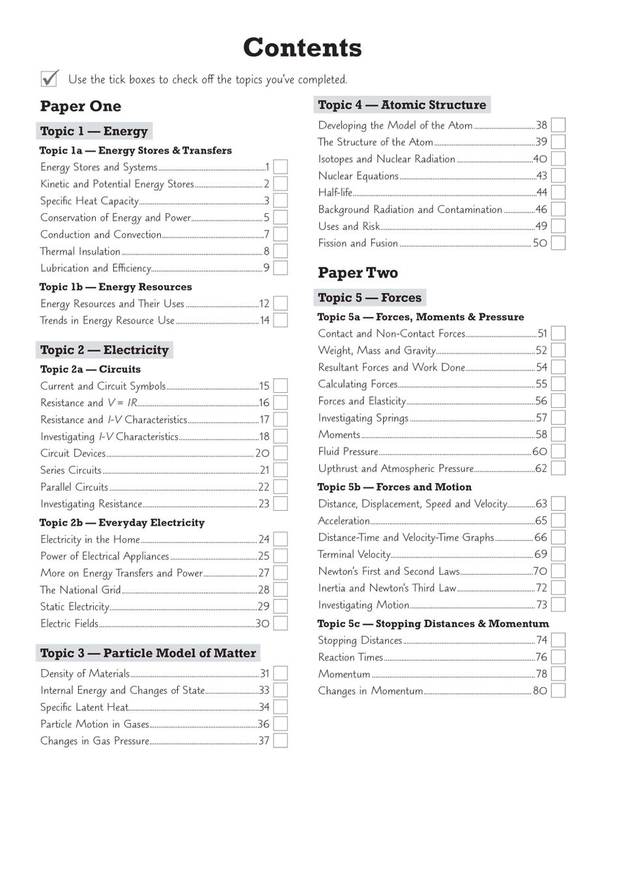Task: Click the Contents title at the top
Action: [x=302, y=48]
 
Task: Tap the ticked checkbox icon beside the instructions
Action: [x=50, y=78]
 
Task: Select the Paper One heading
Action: [x=80, y=106]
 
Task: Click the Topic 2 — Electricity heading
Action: [x=104, y=350]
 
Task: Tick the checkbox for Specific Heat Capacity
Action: [x=280, y=201]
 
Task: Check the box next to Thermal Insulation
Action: [x=280, y=251]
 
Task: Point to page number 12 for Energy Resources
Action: [x=264, y=304]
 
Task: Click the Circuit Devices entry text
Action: [x=73, y=453]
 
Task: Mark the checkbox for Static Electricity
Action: [x=280, y=607]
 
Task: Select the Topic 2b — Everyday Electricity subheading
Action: [x=122, y=522]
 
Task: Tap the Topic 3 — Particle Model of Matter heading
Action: [x=148, y=653]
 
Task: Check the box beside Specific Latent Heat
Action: [x=280, y=707]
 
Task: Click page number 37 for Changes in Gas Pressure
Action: [x=264, y=741]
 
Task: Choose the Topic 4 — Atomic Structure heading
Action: [x=402, y=105]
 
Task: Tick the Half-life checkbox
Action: [x=558, y=192]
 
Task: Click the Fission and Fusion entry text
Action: [x=358, y=243]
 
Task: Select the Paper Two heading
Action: [x=358, y=273]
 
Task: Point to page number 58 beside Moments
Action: [x=541, y=435]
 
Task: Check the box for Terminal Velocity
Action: [x=558, y=554]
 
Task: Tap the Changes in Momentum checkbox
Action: [x=558, y=691]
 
